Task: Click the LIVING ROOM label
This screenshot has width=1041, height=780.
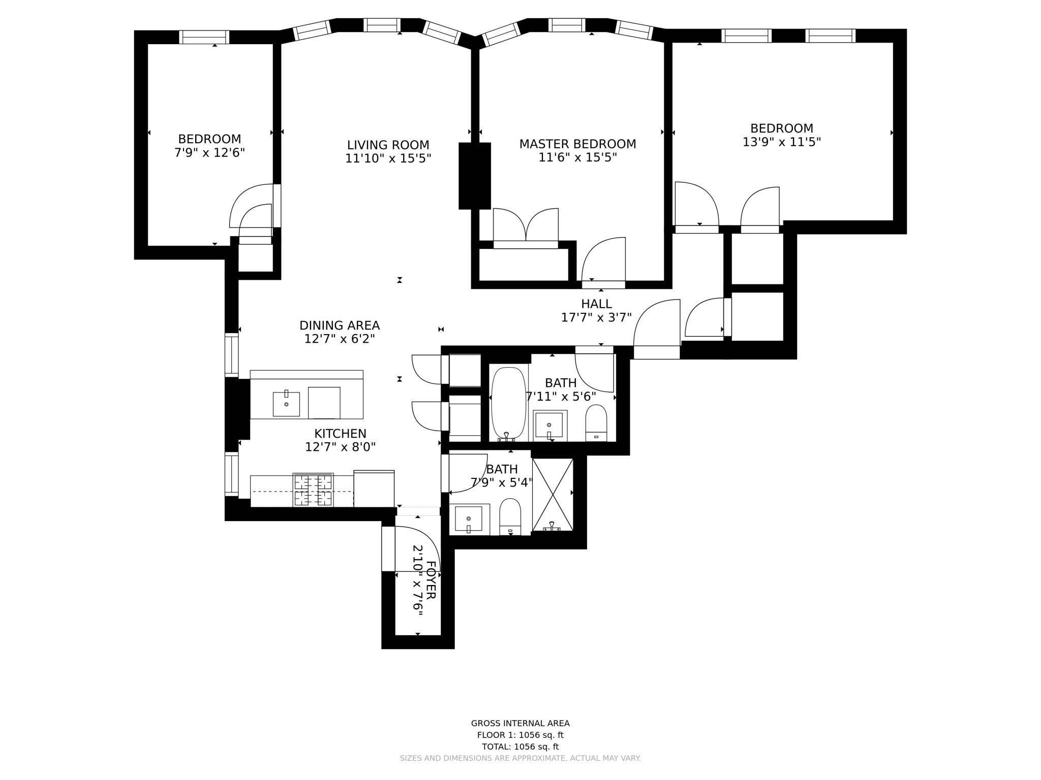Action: [388, 145]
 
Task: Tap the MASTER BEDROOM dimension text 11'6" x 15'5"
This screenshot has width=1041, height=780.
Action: [577, 158]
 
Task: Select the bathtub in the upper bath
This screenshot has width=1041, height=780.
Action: [508, 402]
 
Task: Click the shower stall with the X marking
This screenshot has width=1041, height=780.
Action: [553, 494]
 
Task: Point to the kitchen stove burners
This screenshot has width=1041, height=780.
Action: [313, 490]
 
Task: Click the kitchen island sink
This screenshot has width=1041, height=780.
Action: [286, 404]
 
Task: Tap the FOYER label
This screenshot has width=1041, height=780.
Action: [431, 580]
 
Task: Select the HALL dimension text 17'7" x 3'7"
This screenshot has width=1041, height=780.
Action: [596, 318]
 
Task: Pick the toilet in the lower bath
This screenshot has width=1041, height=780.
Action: [510, 516]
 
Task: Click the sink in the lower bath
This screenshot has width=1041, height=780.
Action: [468, 518]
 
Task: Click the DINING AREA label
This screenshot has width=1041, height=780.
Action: [339, 326]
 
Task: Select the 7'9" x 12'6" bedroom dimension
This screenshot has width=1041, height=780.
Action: [209, 153]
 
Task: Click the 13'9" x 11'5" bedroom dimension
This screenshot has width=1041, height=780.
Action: [782, 142]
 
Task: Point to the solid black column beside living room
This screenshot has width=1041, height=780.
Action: [475, 176]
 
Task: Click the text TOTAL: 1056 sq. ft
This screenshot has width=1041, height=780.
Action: [520, 746]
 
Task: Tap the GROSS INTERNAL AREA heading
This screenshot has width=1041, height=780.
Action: [520, 724]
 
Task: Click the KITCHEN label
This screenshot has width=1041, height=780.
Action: [340, 434]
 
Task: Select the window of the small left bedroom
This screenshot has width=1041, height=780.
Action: [204, 37]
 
